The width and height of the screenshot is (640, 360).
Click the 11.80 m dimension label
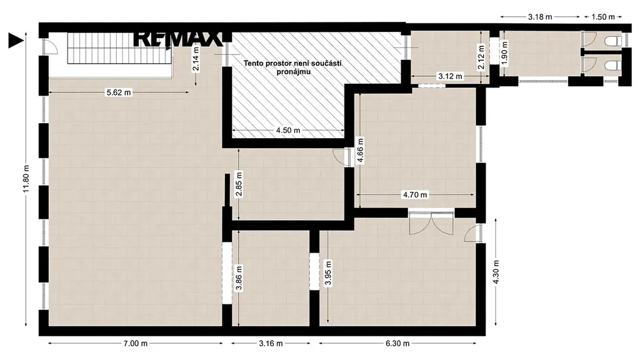(x=26, y=179)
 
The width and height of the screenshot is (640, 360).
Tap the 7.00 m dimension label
(x=136, y=343)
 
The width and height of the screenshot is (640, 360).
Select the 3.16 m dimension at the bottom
(x=271, y=343)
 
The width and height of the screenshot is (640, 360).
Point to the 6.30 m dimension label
(x=397, y=343)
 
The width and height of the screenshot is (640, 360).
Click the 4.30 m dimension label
(x=496, y=272)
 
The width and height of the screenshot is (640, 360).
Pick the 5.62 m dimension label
(x=119, y=92)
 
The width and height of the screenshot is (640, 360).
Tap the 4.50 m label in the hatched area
(x=287, y=131)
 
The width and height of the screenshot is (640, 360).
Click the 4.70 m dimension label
(x=415, y=195)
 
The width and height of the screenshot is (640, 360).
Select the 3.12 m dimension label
(x=450, y=76)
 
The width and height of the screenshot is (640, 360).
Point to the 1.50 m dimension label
(x=603, y=17)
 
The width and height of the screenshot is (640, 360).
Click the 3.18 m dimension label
(x=540, y=17)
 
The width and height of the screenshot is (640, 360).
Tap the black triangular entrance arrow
(x=16, y=41)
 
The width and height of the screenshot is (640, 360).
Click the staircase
(x=119, y=48)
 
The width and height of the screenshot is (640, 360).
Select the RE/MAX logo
(x=177, y=39)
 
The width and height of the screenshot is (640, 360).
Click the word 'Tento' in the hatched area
(x=252, y=64)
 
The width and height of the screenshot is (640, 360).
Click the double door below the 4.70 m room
(x=431, y=223)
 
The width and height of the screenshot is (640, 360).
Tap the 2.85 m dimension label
(x=239, y=184)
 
